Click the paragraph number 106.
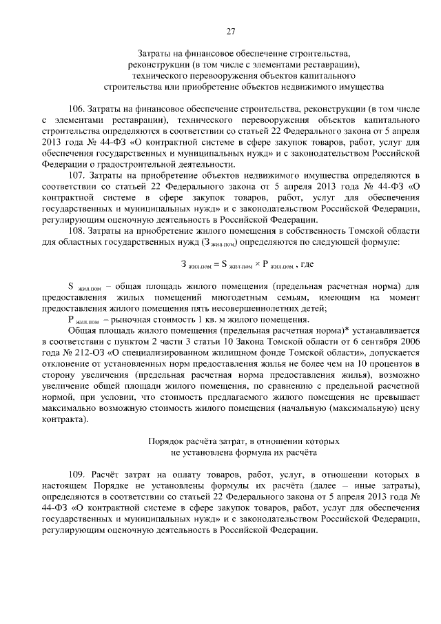(78, 110)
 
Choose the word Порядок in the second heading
(165, 441)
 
